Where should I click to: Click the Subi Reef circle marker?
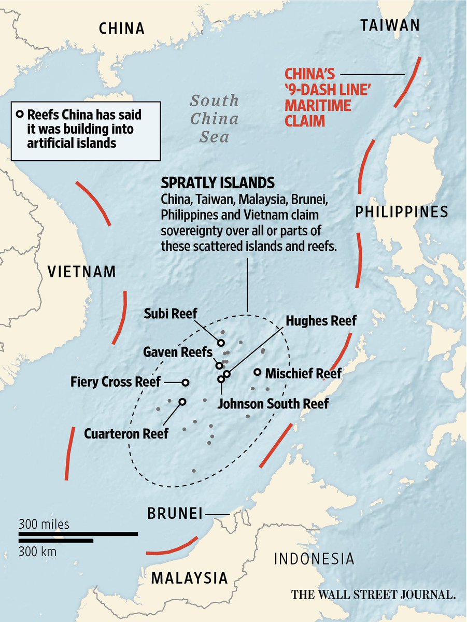[x=221, y=343]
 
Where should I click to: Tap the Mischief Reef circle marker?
[x=257, y=372]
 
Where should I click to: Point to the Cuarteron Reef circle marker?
[x=182, y=401]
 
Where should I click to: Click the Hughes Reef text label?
[x=321, y=321]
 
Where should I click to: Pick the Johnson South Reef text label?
[x=273, y=403]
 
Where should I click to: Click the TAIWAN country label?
[x=390, y=25]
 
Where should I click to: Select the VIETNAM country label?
[x=81, y=272]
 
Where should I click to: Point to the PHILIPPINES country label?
[x=401, y=211]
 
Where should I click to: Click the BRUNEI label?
[x=174, y=514]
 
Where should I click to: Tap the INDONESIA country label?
[x=314, y=559]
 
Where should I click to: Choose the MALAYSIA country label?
[x=189, y=577]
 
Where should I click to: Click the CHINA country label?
[x=122, y=28]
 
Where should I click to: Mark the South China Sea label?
[x=214, y=119]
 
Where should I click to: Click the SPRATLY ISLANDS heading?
[x=218, y=183]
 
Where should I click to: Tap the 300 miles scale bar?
[x=78, y=533]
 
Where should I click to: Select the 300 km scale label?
[x=38, y=552]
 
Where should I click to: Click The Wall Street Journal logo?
[x=373, y=594]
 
